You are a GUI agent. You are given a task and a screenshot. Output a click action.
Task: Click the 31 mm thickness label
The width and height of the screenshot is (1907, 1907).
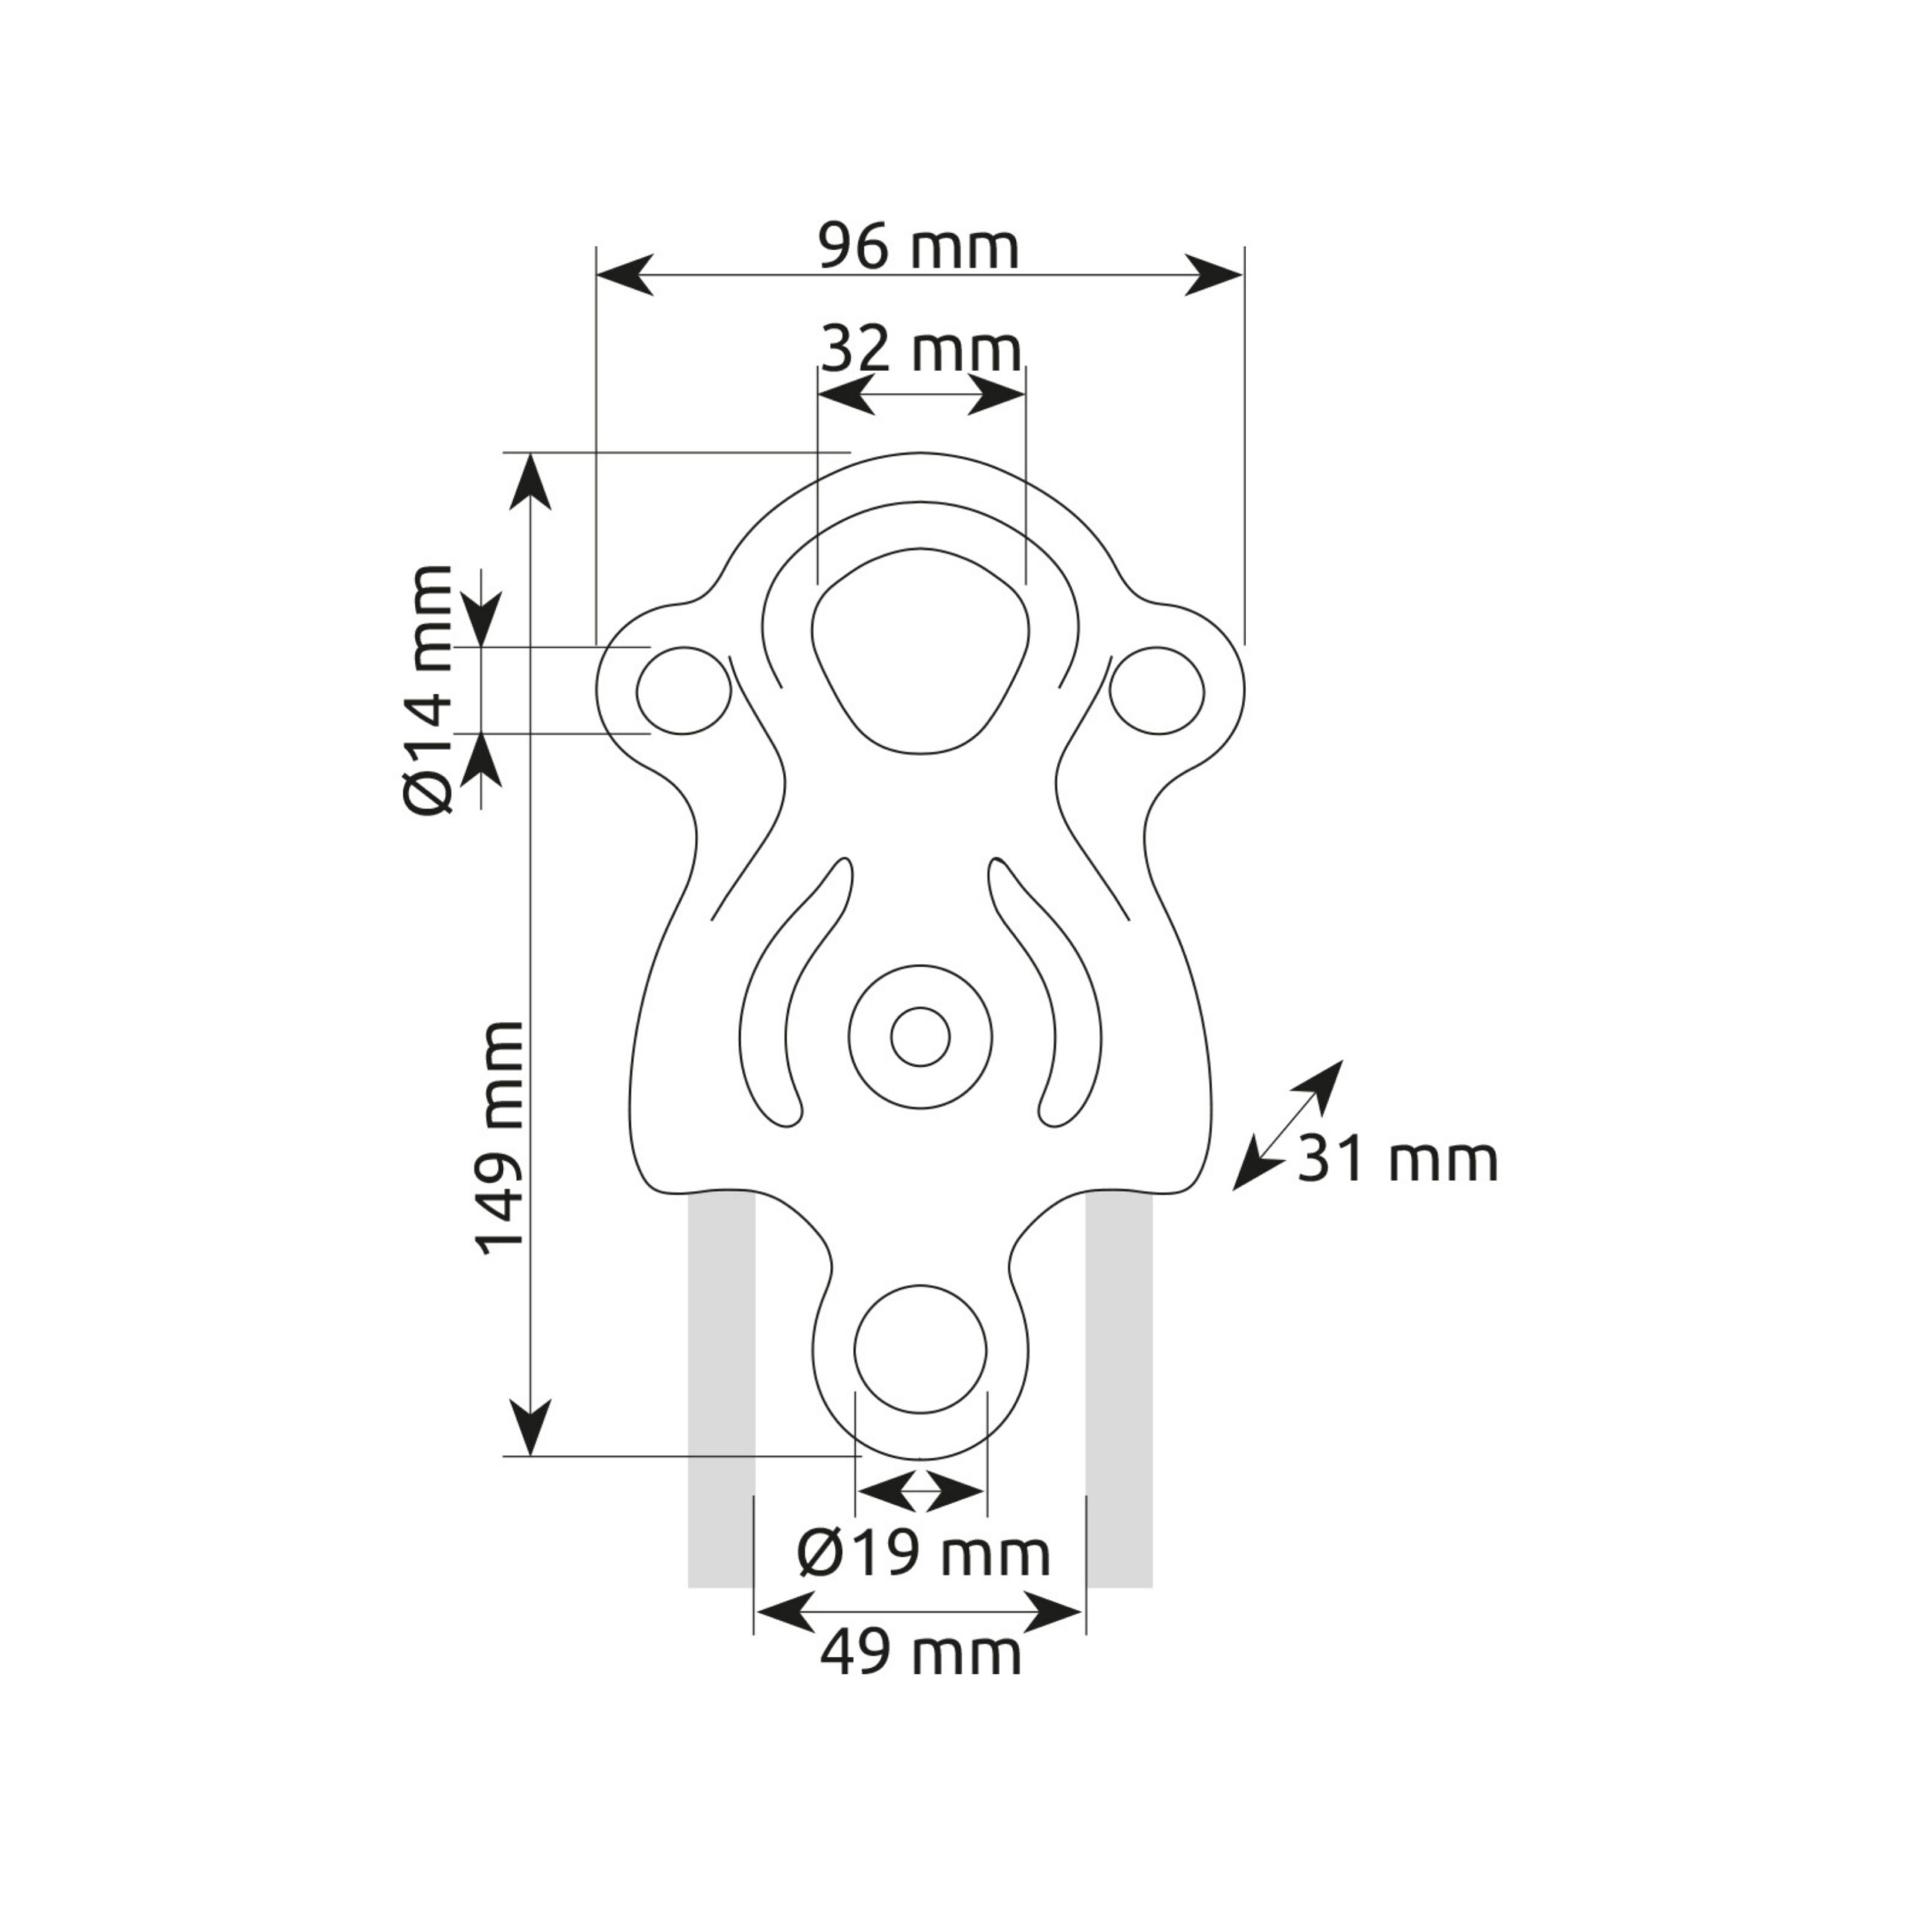(x=1397, y=1160)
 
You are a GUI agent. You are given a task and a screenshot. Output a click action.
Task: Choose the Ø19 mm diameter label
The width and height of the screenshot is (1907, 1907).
(x=924, y=1555)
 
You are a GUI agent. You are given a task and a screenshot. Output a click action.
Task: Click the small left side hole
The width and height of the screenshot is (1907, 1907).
(x=683, y=691)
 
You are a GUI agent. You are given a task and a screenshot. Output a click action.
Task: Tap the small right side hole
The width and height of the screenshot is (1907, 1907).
(x=1157, y=691)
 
